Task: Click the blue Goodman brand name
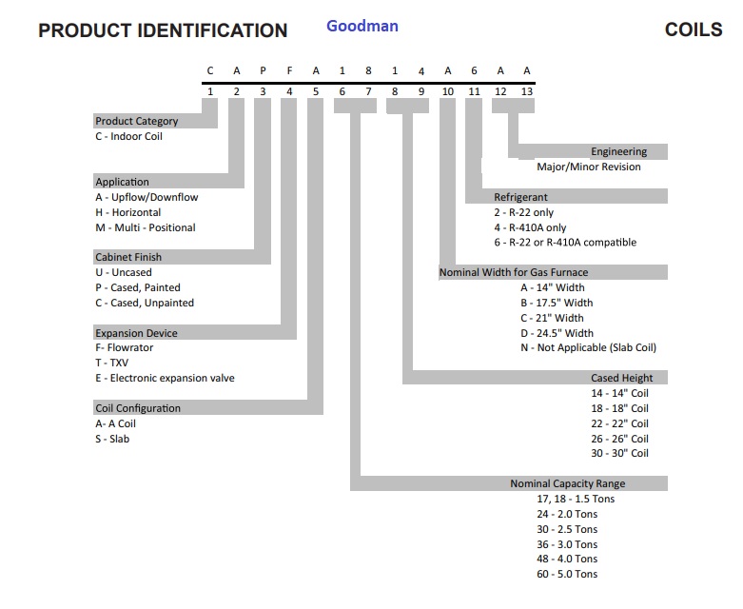(x=362, y=26)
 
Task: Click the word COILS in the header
(x=694, y=29)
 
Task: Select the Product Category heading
(x=136, y=121)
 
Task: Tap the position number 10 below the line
(x=448, y=91)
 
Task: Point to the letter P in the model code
(x=263, y=70)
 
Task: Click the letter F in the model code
(x=289, y=70)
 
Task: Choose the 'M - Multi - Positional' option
(x=145, y=227)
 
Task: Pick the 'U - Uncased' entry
(x=124, y=272)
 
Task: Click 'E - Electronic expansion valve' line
(x=165, y=378)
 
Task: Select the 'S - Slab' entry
(x=112, y=439)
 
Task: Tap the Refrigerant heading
(x=520, y=197)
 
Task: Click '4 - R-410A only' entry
(x=530, y=227)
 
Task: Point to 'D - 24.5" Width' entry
(x=557, y=333)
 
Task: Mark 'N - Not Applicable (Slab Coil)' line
(x=588, y=348)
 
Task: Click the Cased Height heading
(x=621, y=378)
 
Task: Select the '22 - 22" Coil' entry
(x=619, y=423)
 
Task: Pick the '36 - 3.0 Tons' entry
(x=567, y=544)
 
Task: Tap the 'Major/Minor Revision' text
(x=589, y=167)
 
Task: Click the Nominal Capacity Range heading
(x=568, y=483)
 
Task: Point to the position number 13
(x=527, y=91)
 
